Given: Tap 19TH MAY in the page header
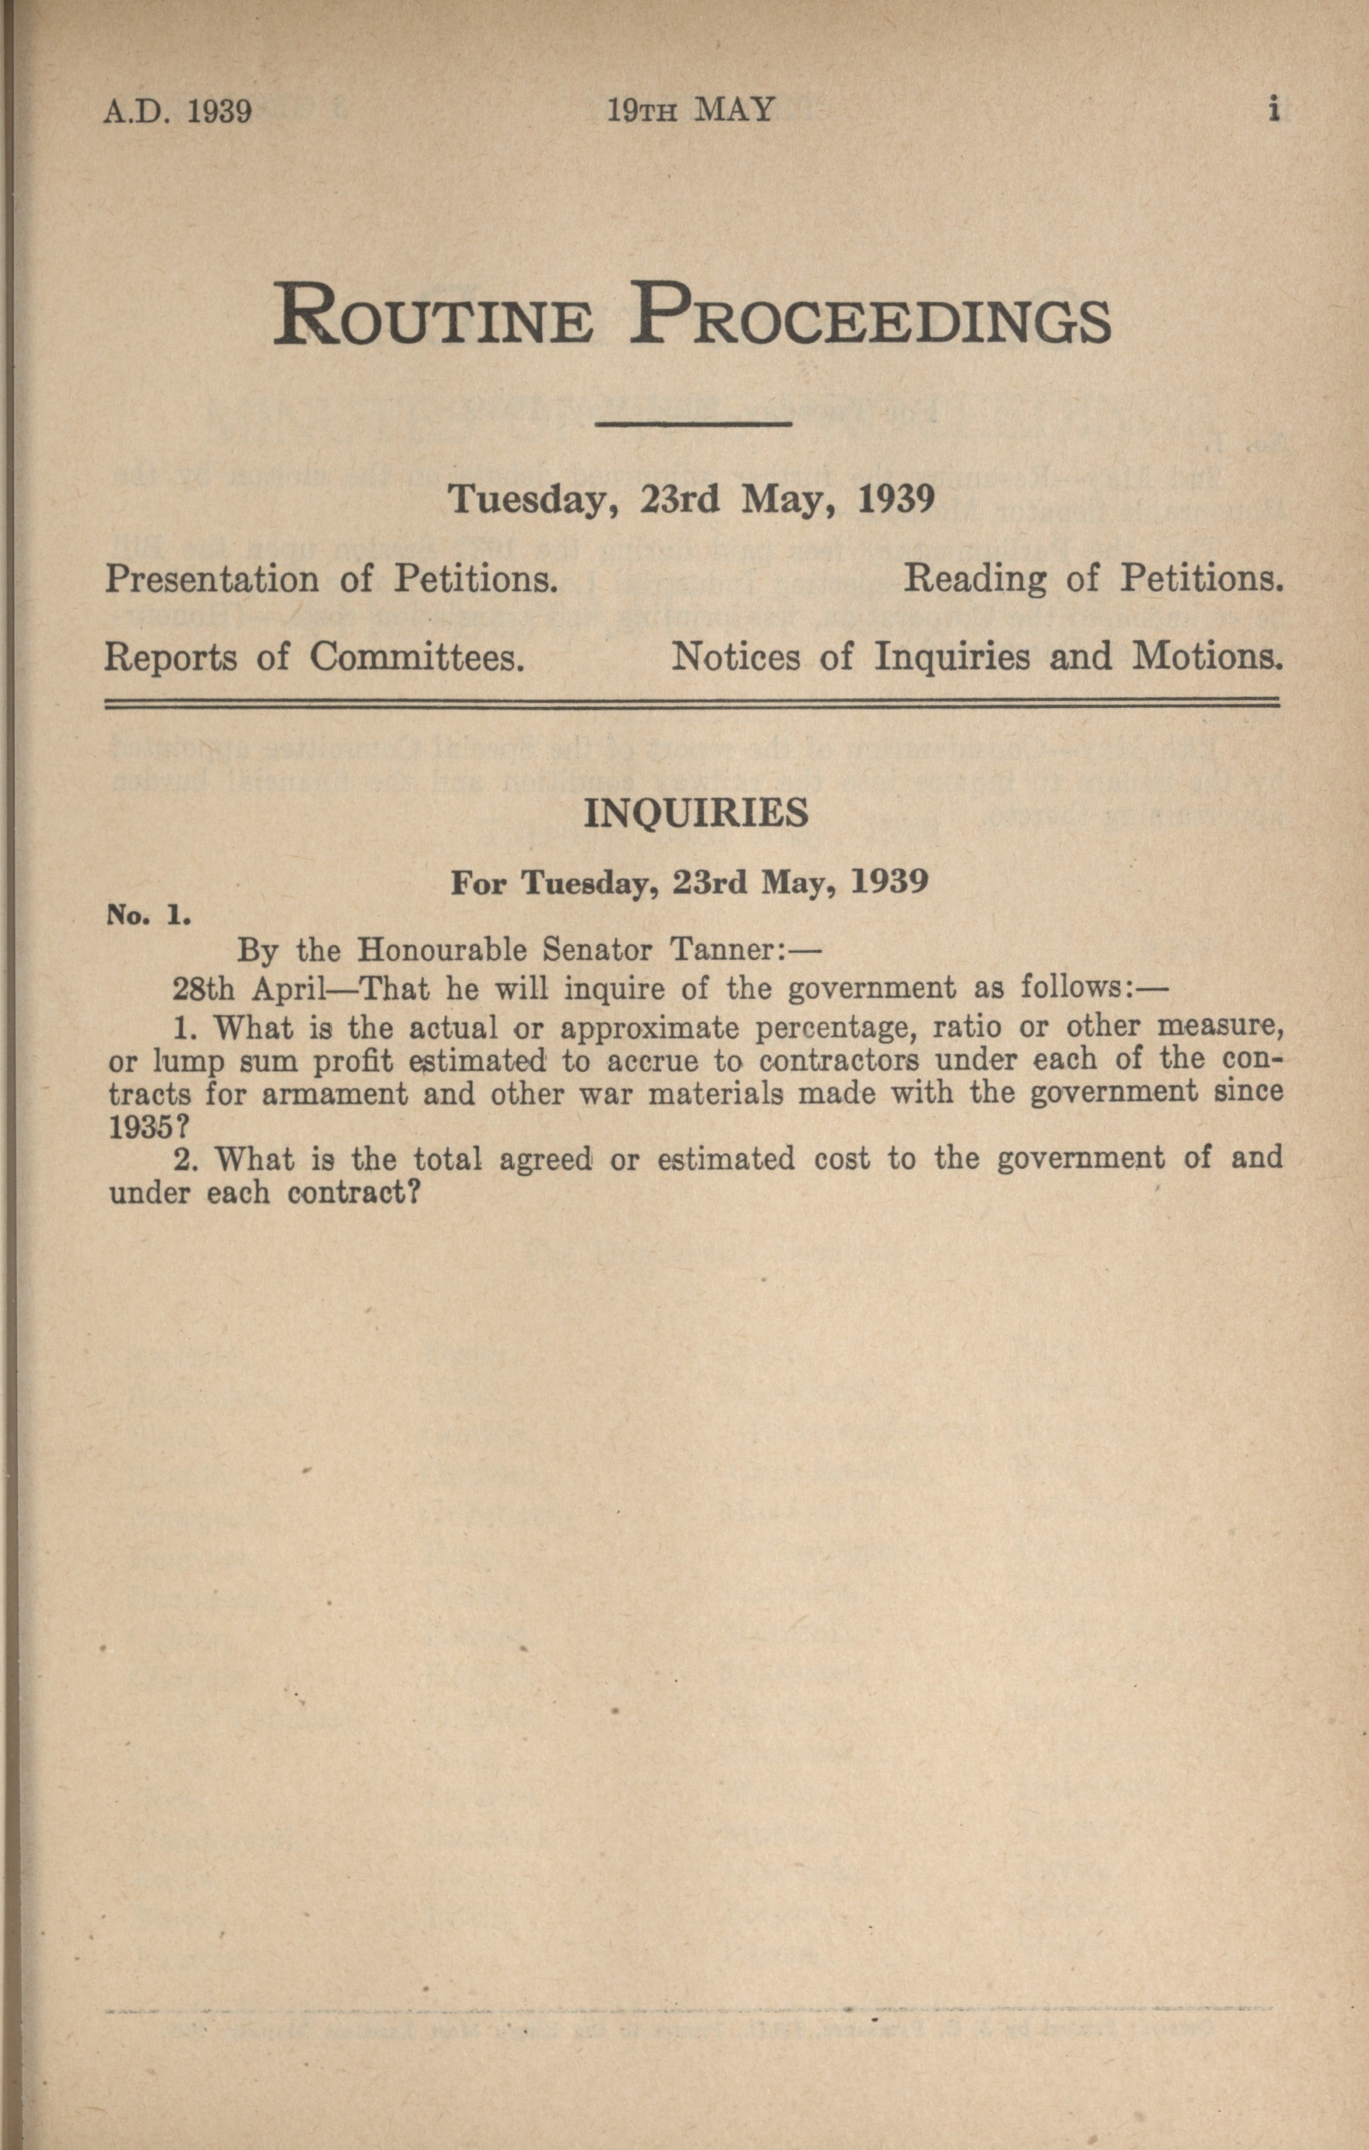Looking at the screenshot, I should (690, 110).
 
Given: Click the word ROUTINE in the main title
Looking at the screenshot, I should (433, 314).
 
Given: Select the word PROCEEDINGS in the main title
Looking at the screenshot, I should (869, 314).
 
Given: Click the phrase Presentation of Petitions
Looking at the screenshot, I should (332, 580).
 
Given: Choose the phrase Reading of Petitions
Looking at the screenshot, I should (1093, 580).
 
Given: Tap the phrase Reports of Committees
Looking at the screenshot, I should (313, 658).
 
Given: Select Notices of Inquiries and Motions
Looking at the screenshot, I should (977, 658).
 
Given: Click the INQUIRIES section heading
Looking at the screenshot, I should (695, 814).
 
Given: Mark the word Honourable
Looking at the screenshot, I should (425, 951).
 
